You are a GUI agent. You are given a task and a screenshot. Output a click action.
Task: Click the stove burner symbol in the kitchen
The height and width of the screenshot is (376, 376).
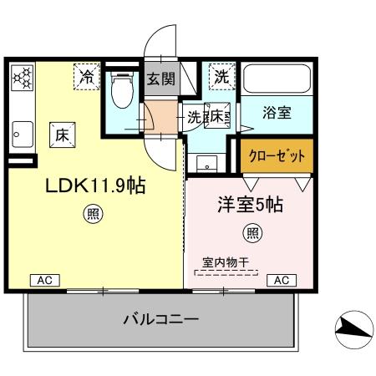pos(22,79)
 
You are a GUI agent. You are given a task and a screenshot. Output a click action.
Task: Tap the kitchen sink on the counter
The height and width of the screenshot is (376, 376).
pos(22,131)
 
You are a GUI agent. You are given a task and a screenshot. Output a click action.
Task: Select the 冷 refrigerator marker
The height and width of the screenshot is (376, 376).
pos(86,76)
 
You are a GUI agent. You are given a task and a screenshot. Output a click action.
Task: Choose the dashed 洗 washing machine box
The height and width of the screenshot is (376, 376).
pos(221,76)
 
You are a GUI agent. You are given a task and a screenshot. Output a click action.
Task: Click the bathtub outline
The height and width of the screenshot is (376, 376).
pos(277,80)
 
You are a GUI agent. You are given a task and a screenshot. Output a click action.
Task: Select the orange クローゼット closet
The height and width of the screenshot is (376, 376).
pos(277,155)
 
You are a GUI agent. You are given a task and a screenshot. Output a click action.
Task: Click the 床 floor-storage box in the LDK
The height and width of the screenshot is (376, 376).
pos(61,133)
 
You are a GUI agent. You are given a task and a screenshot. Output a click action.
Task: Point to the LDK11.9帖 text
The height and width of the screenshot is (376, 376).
pos(95,185)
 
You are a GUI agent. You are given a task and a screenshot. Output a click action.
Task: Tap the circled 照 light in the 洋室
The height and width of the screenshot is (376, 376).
pos(250,231)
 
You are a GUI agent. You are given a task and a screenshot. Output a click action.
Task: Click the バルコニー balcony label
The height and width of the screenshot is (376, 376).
pos(160,318)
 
